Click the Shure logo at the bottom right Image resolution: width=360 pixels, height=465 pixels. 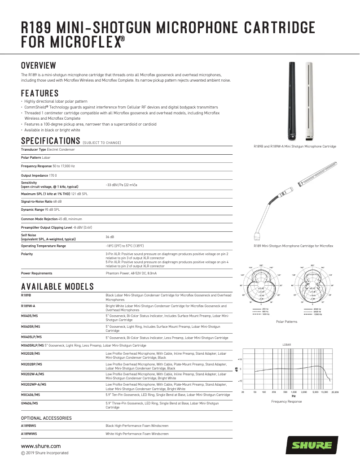(312, 445)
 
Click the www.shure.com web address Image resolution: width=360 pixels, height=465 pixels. (41, 446)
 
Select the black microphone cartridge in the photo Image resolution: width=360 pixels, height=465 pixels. (293, 100)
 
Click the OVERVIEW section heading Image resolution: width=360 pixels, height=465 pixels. (39, 66)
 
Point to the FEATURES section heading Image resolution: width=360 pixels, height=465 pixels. (40, 94)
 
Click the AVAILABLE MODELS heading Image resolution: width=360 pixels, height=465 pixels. (57, 286)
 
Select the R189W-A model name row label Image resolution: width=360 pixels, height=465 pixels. (28, 306)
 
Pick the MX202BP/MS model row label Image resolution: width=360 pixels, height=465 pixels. (31, 365)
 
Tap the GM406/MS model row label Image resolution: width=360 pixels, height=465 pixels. (30, 404)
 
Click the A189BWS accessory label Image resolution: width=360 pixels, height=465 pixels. (29, 425)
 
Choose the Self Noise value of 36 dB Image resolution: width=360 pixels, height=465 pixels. (110, 237)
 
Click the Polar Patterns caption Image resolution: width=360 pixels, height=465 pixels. (286, 322)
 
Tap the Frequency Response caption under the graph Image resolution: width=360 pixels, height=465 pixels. (286, 401)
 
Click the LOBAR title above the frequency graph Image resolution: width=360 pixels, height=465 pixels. (286, 344)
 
